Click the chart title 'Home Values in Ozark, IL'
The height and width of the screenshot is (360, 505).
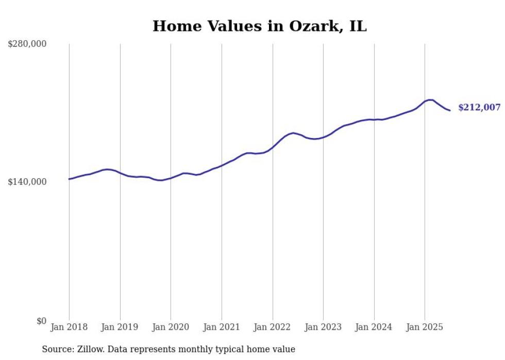tap(259, 26)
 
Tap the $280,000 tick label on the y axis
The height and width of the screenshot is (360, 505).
tap(27, 44)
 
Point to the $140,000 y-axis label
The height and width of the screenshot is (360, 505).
tap(27, 182)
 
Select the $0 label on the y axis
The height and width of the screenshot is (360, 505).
tap(41, 321)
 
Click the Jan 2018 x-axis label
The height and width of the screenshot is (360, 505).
tap(69, 327)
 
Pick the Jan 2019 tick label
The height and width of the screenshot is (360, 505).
tap(120, 327)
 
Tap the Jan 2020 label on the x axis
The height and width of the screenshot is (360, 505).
tap(171, 327)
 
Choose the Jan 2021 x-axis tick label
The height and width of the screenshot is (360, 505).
tap(222, 327)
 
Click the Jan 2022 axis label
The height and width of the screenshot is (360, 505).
tap(273, 327)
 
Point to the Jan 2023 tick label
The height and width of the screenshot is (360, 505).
tap(323, 327)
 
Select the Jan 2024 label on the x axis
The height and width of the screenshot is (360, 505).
tap(374, 327)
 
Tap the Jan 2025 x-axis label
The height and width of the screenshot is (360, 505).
tap(425, 327)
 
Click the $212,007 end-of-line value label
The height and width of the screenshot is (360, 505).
tap(479, 108)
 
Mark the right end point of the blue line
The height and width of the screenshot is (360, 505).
tap(450, 110)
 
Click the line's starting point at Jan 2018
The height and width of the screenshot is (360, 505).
tap(69, 179)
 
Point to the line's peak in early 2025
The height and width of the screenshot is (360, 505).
tap(430, 100)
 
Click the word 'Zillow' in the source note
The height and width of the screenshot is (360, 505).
tap(90, 350)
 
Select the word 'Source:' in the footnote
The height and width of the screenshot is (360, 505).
tap(57, 350)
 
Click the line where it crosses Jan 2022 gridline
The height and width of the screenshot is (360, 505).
tap(273, 147)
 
